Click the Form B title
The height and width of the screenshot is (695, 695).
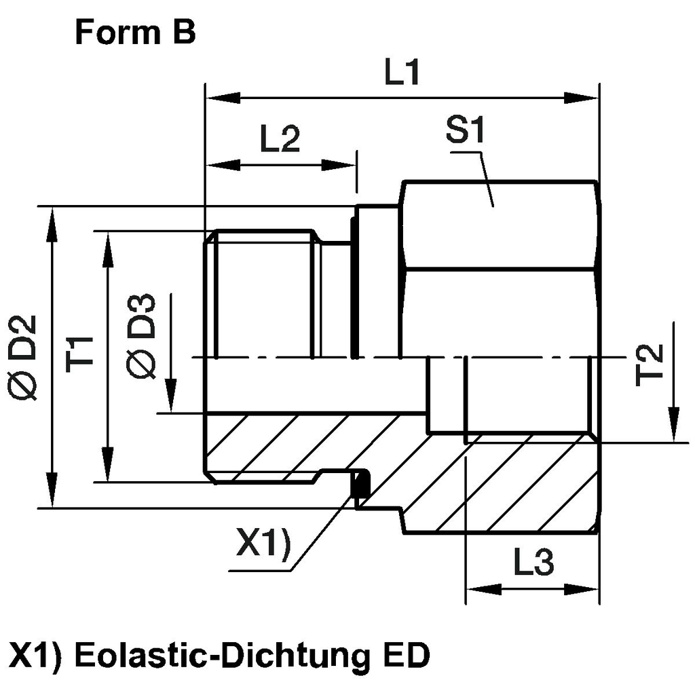135,33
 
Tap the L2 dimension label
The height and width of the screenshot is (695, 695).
280,140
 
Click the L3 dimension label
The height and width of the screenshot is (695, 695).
533,564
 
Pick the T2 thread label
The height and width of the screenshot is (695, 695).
650,364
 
